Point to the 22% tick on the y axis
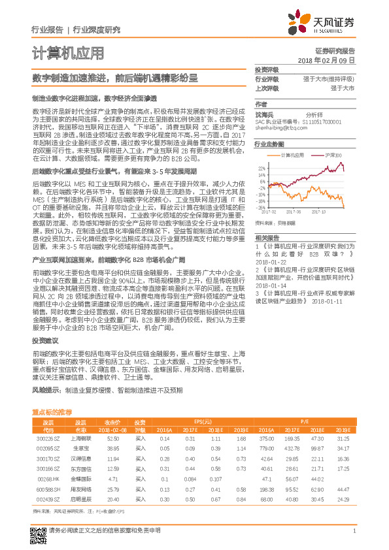[x=262, y=168]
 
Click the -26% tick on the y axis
[x=262, y=207]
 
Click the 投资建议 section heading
[x=46, y=341]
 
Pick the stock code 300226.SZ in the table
[x=43, y=439]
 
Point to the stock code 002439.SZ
[x=43, y=498]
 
